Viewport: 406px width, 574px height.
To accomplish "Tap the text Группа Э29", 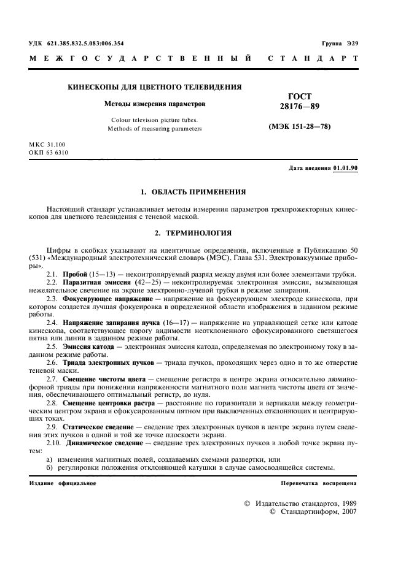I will [x=340, y=43].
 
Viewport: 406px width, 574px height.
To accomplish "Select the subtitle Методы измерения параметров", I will [x=155, y=104].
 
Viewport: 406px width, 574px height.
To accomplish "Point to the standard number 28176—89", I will [x=299, y=106].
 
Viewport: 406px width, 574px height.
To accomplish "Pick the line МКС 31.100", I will [x=49, y=144].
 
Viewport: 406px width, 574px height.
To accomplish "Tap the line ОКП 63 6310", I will [x=49, y=152].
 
